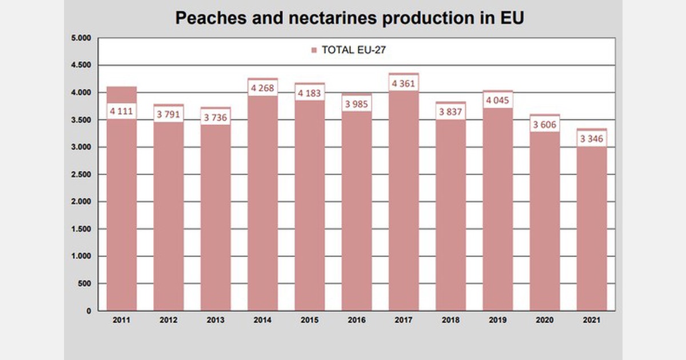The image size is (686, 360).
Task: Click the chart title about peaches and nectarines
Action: (x=349, y=18)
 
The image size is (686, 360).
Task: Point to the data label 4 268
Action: (x=262, y=88)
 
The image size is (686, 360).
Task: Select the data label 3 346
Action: (x=592, y=139)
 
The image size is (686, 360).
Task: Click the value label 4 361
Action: (x=404, y=83)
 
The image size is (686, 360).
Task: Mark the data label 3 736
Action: (x=216, y=117)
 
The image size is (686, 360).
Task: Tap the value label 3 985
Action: (x=357, y=103)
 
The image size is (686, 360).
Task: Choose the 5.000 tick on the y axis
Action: (x=81, y=38)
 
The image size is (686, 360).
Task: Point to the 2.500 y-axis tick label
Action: (x=81, y=175)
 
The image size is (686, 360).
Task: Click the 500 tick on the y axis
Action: (x=84, y=284)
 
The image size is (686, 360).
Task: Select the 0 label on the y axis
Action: (x=88, y=311)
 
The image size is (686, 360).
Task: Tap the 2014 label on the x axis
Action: (x=262, y=321)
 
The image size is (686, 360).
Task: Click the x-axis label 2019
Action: (x=497, y=321)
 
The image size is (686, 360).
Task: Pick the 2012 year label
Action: (x=168, y=321)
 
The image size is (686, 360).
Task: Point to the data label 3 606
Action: (x=545, y=125)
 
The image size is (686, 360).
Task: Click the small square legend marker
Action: (x=314, y=50)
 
